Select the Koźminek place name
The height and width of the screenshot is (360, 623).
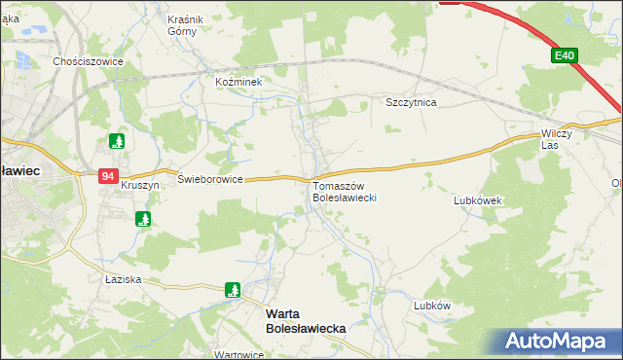tap(239, 83)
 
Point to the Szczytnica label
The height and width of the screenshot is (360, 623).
tap(411, 102)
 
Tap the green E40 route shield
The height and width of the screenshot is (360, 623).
tap(564, 56)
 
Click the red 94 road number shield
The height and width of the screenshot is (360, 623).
tap(107, 176)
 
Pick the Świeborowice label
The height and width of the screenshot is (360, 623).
tap(209, 180)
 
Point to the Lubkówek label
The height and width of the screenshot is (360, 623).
tap(477, 201)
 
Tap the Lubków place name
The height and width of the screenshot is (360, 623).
tap(432, 305)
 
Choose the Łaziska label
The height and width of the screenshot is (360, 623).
tap(124, 279)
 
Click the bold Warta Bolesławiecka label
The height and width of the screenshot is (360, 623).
tap(306, 322)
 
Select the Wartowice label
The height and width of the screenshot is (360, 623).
tap(239, 354)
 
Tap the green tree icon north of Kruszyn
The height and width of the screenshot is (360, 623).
tap(117, 141)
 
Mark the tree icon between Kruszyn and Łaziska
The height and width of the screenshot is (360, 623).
tap(143, 219)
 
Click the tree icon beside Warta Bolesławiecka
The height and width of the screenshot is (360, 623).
tap(233, 289)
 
